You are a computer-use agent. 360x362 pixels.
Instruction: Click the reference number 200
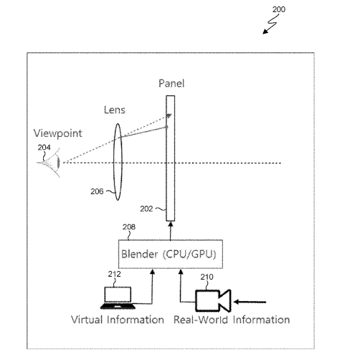click(279, 9)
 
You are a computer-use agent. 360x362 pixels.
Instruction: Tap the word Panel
click(171, 83)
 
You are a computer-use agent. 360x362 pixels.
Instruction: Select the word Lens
click(115, 110)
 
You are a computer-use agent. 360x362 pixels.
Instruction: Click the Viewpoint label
click(58, 133)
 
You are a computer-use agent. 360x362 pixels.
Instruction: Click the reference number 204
click(44, 148)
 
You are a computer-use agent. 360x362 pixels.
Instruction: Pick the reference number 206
click(97, 191)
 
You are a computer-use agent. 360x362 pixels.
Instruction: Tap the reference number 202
click(146, 209)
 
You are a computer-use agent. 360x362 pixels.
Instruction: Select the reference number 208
click(129, 227)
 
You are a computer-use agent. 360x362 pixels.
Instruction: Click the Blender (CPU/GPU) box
click(171, 254)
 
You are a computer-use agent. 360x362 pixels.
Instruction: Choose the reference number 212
click(114, 274)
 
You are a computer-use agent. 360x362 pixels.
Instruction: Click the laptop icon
click(118, 297)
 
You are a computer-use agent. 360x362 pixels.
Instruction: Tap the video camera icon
click(213, 300)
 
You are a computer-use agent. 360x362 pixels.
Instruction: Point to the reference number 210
click(207, 277)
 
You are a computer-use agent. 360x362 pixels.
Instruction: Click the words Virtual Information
click(118, 320)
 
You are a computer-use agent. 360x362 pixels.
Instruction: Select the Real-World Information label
click(232, 320)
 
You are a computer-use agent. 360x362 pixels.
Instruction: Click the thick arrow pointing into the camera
click(250, 302)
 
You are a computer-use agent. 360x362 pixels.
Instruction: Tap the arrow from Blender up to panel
click(171, 231)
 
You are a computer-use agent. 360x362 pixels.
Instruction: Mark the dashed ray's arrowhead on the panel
click(169, 116)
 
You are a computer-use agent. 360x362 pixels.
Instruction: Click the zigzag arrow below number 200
click(270, 24)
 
